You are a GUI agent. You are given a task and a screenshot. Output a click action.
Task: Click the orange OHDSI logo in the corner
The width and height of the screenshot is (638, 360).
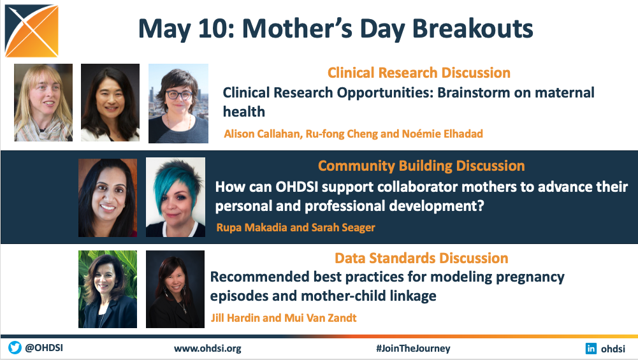[x=32, y=31]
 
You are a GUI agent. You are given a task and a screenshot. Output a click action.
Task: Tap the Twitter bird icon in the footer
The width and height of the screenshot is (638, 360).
[x=15, y=348]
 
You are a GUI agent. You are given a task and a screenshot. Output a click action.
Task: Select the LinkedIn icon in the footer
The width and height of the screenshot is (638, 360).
[x=591, y=348]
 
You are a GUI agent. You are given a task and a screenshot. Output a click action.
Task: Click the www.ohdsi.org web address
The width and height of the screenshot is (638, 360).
[x=208, y=349]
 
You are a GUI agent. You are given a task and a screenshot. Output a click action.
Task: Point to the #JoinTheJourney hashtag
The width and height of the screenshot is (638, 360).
[x=413, y=349]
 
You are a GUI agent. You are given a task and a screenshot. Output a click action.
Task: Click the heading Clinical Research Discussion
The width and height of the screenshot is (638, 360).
[x=419, y=73]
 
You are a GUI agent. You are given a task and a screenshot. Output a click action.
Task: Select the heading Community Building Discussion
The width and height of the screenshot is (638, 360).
[x=421, y=166]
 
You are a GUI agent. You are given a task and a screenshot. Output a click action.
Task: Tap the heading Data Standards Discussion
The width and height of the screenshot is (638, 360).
[x=421, y=258]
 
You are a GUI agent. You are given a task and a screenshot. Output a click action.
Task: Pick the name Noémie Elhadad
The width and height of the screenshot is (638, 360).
[x=442, y=134]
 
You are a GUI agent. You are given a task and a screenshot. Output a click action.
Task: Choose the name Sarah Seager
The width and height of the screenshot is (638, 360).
[x=343, y=227]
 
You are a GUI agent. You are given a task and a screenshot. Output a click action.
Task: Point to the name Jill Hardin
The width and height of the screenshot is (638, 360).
[x=235, y=318]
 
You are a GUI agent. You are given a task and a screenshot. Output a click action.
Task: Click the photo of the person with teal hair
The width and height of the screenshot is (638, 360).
[x=175, y=198]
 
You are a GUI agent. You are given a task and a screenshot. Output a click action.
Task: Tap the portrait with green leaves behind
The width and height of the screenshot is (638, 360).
[x=108, y=289]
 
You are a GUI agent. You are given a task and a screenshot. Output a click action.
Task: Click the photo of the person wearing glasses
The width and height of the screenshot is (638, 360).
[x=178, y=103]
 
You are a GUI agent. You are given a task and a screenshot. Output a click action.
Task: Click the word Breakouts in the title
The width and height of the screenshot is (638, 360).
[x=472, y=29]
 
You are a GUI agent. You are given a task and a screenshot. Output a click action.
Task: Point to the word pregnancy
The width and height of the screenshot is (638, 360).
[x=530, y=277]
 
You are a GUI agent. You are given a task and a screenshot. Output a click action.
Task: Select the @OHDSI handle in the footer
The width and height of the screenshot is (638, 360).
[x=44, y=348]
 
